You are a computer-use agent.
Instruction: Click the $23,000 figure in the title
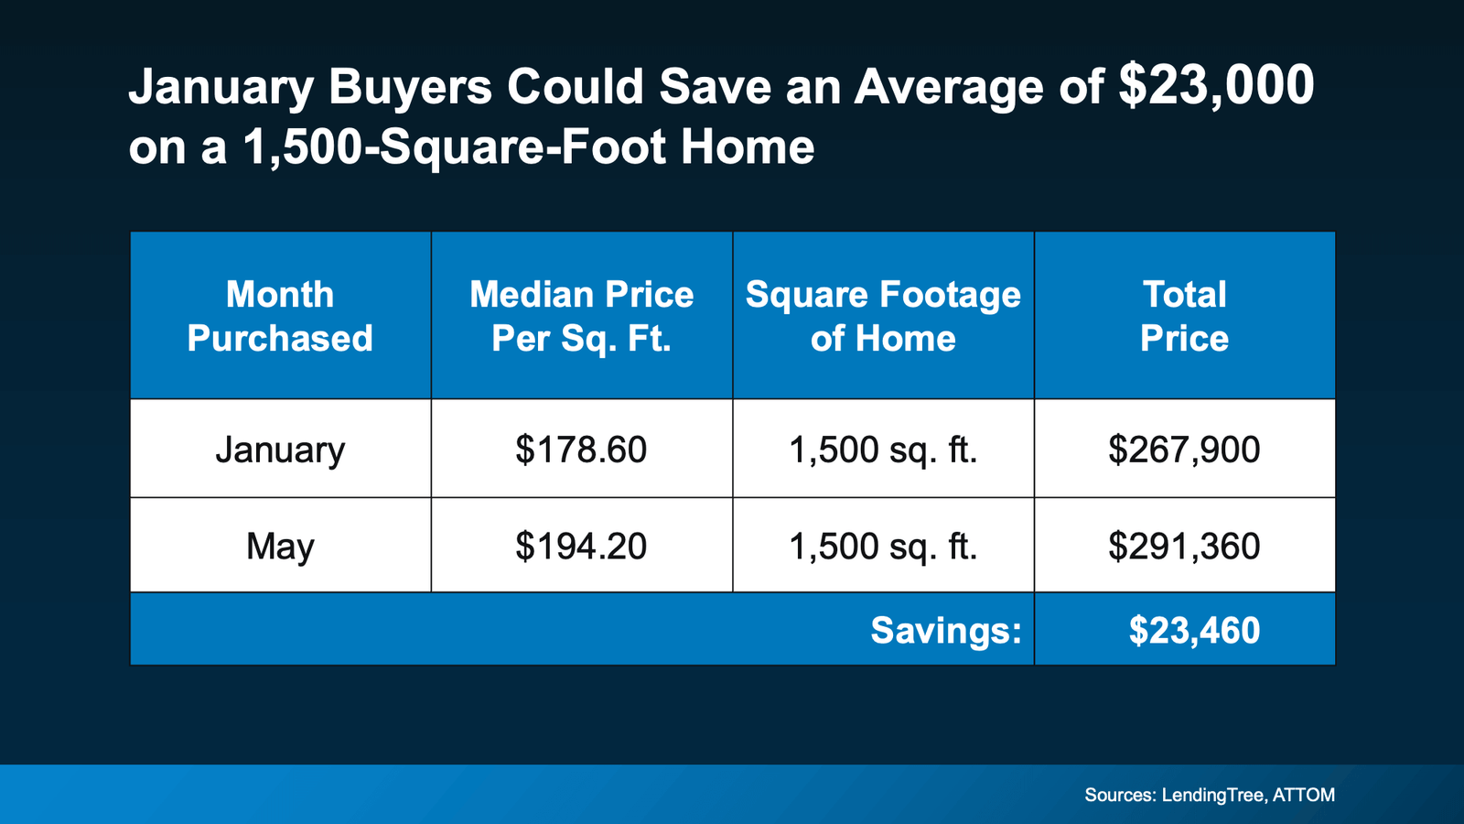click(1216, 87)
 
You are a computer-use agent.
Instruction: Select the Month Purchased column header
click(280, 316)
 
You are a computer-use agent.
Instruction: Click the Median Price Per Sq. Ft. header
click(581, 316)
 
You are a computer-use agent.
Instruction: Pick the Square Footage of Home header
click(883, 316)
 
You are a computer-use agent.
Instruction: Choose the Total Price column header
click(1184, 316)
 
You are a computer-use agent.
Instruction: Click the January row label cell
click(280, 450)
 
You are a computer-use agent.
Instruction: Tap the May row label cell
click(280, 547)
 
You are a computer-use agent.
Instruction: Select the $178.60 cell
click(581, 450)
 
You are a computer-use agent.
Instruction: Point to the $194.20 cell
click(581, 547)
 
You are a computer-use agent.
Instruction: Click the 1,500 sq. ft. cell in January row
click(883, 450)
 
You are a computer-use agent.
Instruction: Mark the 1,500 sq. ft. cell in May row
click(883, 547)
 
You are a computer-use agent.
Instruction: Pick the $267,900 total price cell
click(1184, 450)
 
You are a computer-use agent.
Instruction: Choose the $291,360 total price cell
click(1184, 547)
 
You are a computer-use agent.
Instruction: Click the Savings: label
click(945, 630)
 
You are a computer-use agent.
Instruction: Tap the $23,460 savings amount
click(1194, 630)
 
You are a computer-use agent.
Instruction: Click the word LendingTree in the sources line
click(1213, 795)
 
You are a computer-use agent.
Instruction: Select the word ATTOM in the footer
click(1304, 795)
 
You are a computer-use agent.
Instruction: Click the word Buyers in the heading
click(410, 89)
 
